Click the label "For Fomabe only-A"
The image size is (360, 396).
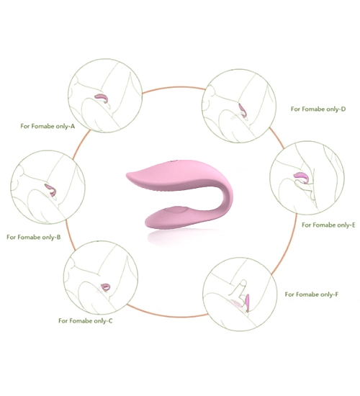tap(48, 126)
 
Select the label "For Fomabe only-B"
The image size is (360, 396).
tap(34, 237)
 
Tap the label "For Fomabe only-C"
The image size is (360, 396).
tap(86, 320)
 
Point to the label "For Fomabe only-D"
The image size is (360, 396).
tap(318, 109)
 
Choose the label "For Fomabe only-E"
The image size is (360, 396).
tap(328, 225)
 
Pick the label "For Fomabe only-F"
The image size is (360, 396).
tap(312, 294)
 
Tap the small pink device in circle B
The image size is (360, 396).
tap(51, 189)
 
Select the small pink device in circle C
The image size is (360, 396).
tap(105, 287)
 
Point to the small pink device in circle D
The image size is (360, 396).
tap(242, 109)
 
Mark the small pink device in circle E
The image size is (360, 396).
tap(301, 177)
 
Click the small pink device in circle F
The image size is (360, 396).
tap(248, 302)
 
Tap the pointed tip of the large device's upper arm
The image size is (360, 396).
tap(127, 174)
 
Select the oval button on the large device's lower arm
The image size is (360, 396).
tap(176, 210)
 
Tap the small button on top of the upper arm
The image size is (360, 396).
tap(174, 161)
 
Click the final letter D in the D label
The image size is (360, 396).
tap(343, 109)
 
